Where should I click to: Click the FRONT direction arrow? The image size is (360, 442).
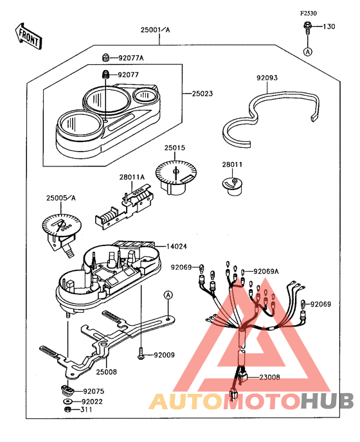28,37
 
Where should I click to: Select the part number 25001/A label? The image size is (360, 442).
155,30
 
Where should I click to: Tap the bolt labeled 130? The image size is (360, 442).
307,28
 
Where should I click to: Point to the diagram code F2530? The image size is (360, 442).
308,13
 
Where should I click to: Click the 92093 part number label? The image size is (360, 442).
267,78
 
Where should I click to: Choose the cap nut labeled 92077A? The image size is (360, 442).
105,58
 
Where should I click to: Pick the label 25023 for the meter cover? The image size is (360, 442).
203,94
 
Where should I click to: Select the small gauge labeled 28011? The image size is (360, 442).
233,186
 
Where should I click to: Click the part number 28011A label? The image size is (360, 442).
132,177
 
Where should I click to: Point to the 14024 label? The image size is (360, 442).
177,246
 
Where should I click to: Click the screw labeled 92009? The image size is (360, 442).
141,353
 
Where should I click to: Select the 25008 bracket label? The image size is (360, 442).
106,372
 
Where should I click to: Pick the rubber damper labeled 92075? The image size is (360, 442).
67,390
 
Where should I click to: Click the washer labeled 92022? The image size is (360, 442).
67,401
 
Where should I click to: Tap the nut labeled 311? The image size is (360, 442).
67,409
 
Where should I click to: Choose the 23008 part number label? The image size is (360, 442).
269,377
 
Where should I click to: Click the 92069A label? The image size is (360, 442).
266,272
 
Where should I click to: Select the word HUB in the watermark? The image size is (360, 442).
327,401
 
